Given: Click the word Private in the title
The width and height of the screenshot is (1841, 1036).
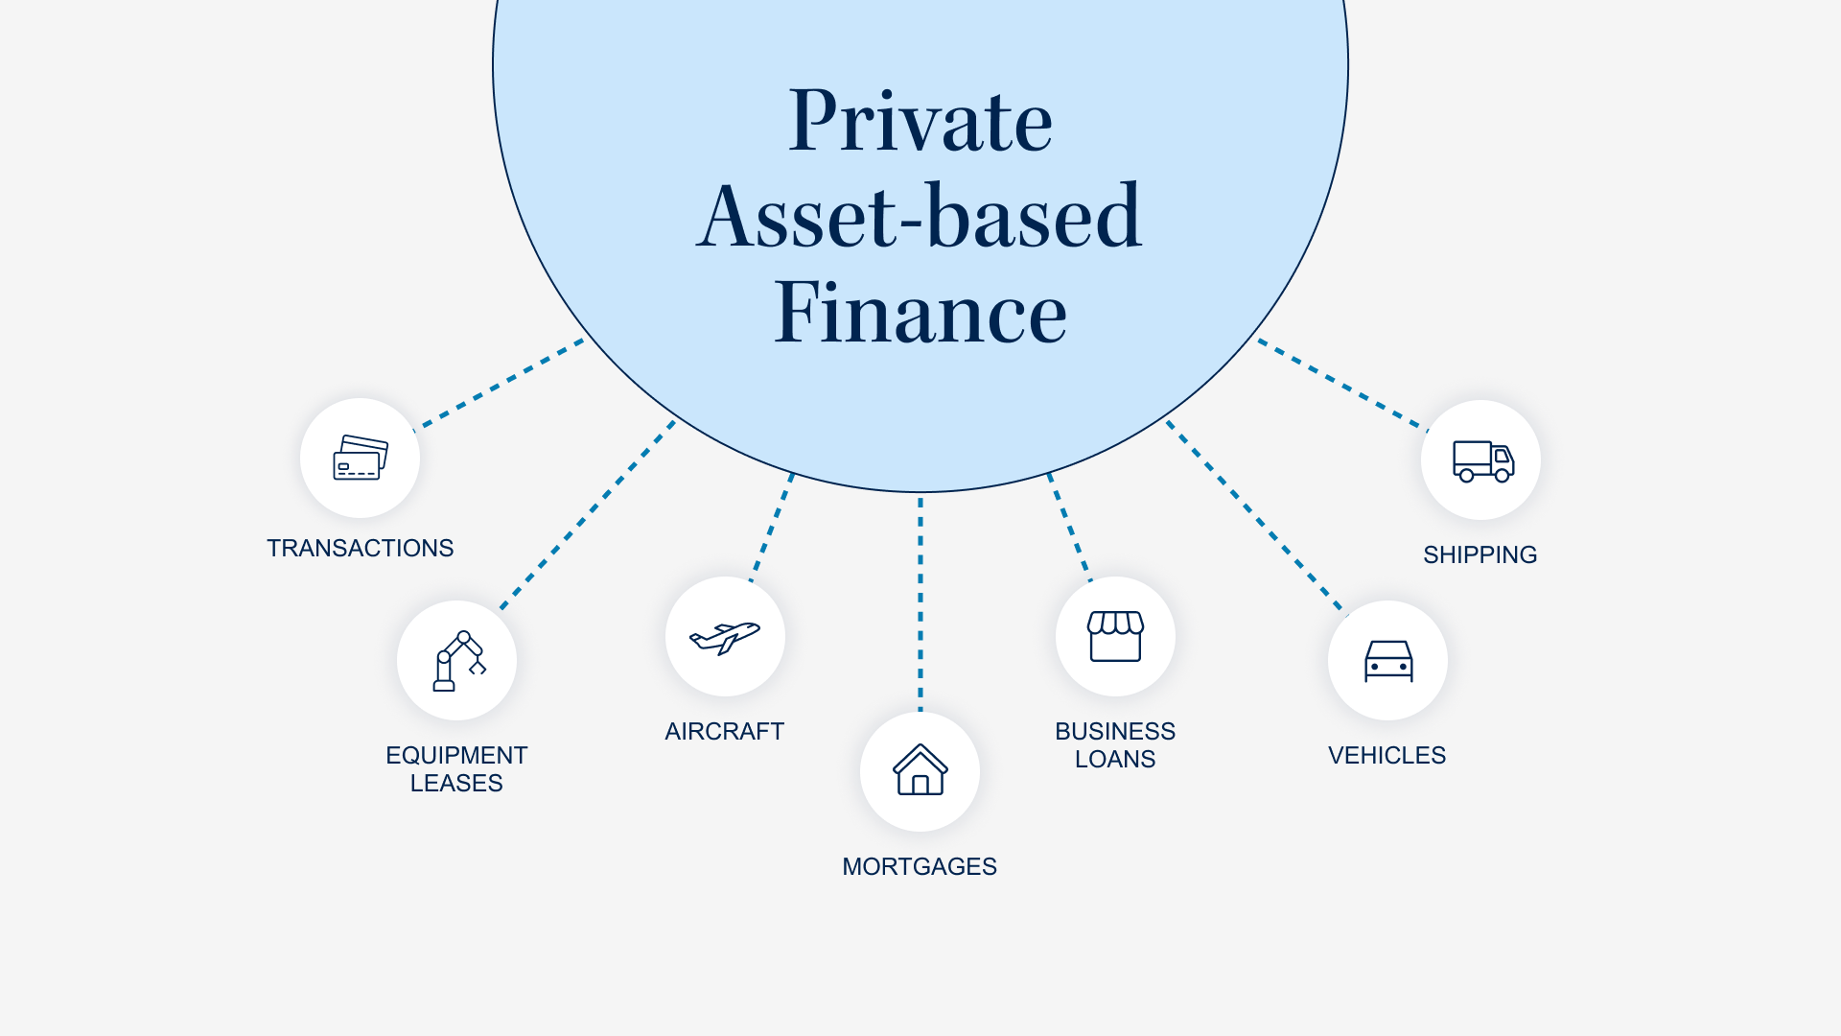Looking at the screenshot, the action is (920, 122).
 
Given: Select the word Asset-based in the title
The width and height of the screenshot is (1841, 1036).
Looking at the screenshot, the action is (920, 217).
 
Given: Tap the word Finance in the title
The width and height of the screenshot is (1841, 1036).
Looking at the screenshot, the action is (920, 313).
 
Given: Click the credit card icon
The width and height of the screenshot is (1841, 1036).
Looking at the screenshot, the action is (360, 458).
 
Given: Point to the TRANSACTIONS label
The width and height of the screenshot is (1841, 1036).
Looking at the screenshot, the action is (360, 548).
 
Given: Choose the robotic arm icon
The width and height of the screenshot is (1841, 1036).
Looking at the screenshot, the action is (457, 661).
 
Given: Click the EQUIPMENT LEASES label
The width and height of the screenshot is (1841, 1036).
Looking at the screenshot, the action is (456, 768).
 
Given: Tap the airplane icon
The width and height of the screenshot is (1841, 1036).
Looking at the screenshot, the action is (725, 636).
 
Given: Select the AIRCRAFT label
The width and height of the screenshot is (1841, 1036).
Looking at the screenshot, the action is (724, 731).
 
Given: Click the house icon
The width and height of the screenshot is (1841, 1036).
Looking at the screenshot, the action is (920, 770).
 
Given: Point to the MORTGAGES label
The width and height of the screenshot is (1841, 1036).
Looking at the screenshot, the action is (920, 866).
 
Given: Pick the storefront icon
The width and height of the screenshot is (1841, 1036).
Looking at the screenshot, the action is (1115, 636).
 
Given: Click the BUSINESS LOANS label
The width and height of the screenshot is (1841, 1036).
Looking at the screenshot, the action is (1115, 744).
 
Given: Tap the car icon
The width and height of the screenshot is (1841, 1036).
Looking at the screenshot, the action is (1387, 661).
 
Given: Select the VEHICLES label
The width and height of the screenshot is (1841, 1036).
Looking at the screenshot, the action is (1387, 755).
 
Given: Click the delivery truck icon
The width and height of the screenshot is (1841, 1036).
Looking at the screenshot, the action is (1481, 460).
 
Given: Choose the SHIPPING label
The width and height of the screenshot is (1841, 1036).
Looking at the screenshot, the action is (1480, 554).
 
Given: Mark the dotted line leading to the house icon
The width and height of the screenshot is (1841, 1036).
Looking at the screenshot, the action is (920, 604).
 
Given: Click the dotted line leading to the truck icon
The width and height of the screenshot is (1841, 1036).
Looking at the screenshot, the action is (1342, 384).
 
